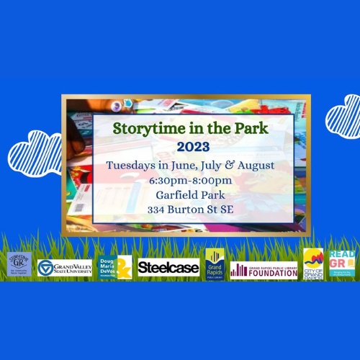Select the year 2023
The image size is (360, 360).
point(180,147)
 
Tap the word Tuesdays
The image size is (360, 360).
point(130,164)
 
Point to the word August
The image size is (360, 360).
point(231,164)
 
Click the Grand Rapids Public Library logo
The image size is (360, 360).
point(215,264)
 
